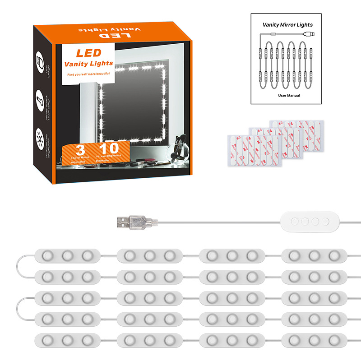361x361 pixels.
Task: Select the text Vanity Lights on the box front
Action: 89,63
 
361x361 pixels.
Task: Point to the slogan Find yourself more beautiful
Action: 88,74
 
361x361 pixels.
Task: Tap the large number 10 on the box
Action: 108,149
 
